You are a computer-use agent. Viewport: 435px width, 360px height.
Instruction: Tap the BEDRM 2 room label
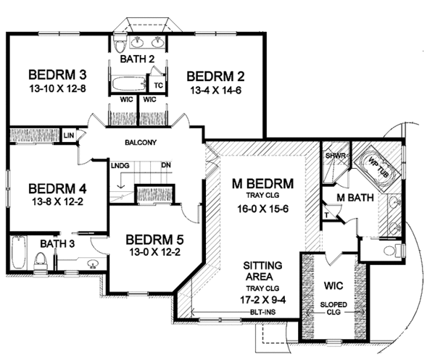coord(216,77)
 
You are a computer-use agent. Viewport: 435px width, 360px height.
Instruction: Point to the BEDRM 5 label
coord(155,240)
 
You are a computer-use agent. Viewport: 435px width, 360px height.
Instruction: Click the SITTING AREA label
coord(264,272)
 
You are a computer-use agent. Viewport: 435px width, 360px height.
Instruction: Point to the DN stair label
coord(166,166)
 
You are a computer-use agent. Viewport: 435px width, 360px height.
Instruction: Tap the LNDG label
coord(120,166)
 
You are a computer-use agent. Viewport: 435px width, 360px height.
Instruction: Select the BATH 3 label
coord(58,243)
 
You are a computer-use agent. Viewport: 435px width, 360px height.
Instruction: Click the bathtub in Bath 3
coord(18,253)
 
